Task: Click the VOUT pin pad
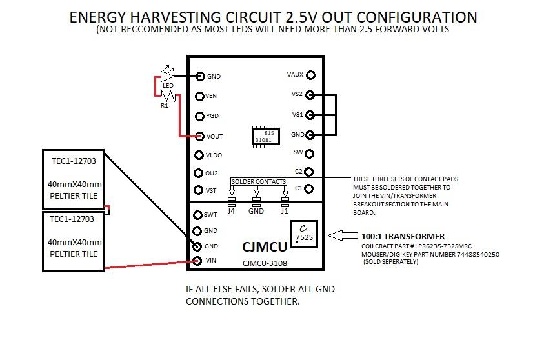[x=200, y=136]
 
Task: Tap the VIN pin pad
[x=199, y=261]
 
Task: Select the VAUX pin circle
[x=310, y=75]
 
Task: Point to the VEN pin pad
[x=200, y=96]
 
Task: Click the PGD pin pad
[x=200, y=116]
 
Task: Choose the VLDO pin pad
[x=199, y=155]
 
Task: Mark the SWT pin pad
[x=198, y=215]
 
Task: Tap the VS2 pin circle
[x=310, y=95]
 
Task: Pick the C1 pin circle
[x=309, y=189]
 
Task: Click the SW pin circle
[x=309, y=154]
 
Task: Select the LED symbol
[x=167, y=75]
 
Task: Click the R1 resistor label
[x=165, y=105]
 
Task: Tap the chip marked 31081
[x=264, y=136]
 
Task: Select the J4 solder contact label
[x=231, y=210]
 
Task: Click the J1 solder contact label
[x=285, y=210]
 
